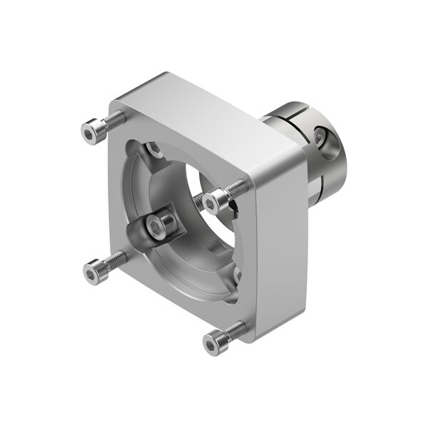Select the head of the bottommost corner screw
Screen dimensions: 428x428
(x=212, y=344)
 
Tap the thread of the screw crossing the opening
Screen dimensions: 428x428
(x=232, y=190)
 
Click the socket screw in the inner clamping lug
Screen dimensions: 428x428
(x=157, y=226)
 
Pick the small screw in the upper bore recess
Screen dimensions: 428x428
(x=153, y=151)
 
